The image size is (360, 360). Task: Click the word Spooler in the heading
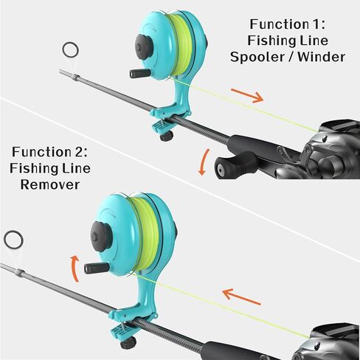point(259,57)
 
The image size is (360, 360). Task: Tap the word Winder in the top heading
point(322,57)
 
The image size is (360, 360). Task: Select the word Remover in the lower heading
point(50,184)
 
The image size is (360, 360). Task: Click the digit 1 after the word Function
point(313,24)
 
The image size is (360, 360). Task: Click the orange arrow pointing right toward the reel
point(247,95)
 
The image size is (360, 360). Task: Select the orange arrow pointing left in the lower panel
point(241,297)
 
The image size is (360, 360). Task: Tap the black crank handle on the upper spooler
point(140,73)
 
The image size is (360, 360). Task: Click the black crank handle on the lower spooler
point(97,268)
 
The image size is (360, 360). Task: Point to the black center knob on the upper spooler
point(144,47)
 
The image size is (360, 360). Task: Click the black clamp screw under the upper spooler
point(167,136)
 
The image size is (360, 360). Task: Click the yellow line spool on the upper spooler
point(181,46)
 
